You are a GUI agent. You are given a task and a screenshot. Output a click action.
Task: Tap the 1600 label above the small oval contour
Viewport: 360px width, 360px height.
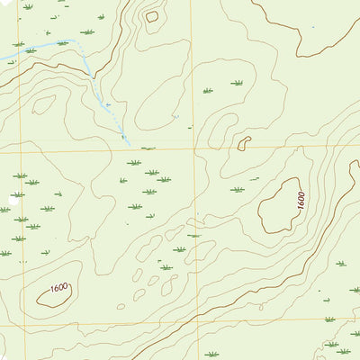point(60,287)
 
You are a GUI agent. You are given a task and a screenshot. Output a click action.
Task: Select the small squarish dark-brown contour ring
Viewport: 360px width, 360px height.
point(151,15)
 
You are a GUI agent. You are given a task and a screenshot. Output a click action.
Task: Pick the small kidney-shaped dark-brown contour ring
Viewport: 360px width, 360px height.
point(244,142)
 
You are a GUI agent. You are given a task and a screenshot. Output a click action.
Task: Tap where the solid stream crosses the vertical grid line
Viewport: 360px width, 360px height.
point(12,58)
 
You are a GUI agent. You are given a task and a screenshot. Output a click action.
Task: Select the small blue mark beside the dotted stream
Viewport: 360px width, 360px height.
point(107,105)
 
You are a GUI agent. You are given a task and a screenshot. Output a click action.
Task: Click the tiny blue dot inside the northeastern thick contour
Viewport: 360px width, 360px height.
point(313,27)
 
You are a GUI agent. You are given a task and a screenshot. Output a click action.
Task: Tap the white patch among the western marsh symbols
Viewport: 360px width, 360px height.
point(15,193)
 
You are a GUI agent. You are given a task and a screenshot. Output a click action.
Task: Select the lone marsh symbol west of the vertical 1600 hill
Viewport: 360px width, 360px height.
point(237,190)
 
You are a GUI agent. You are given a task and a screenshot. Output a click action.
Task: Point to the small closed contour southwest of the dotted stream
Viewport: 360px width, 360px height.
point(42,104)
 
